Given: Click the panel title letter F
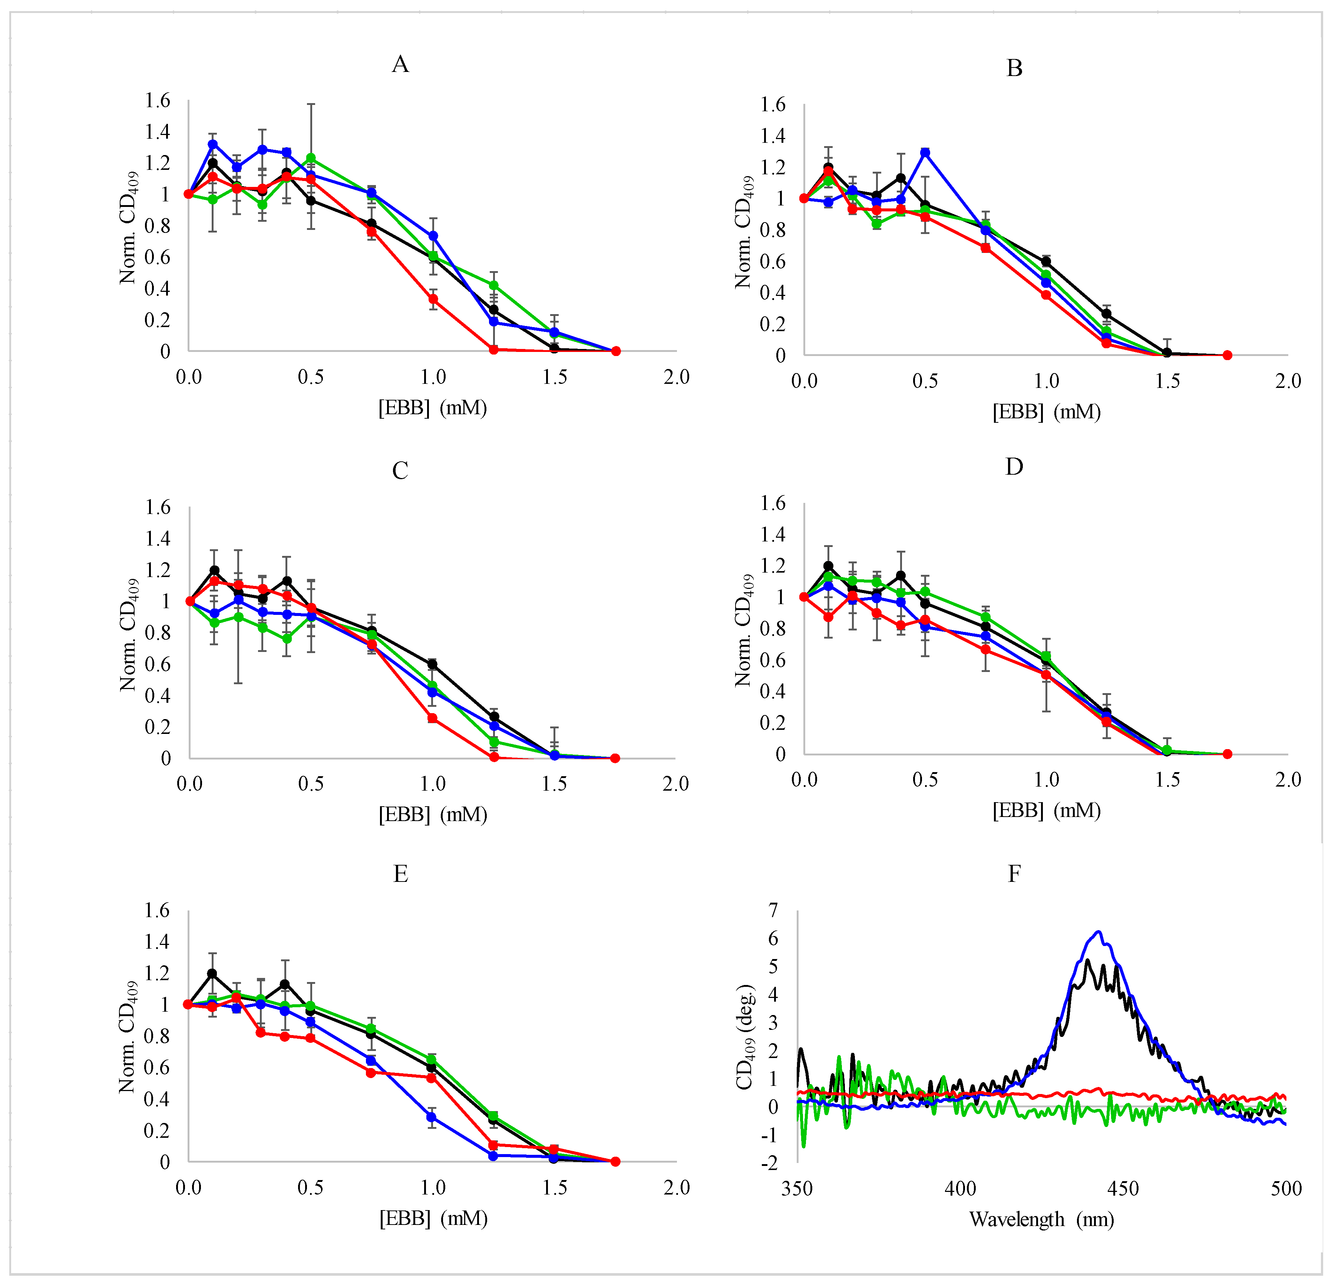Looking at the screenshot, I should (x=1014, y=873).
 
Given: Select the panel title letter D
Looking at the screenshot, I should (x=1014, y=467).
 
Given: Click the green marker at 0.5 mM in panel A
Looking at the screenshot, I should (x=311, y=158).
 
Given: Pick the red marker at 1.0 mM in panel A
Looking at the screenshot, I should (x=433, y=299).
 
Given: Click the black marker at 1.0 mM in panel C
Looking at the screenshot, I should (x=432, y=663).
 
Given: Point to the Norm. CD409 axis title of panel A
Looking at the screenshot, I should (x=129, y=227).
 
